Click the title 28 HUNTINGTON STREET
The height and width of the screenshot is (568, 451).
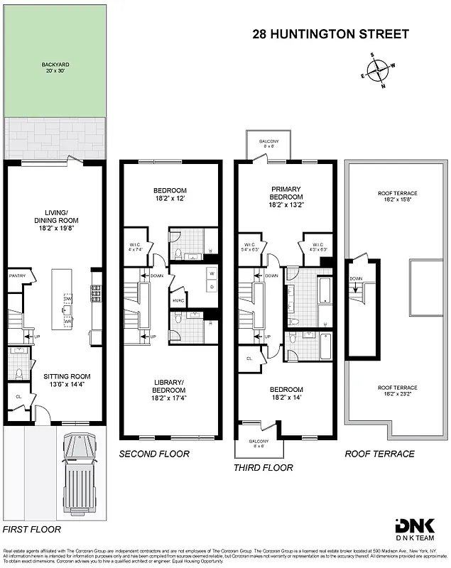pos(331,34)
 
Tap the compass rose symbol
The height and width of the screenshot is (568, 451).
pos(379,70)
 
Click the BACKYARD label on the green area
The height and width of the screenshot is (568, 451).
pos(54,67)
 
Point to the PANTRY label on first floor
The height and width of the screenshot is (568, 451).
pos(17,275)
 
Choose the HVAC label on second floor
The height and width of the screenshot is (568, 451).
pos(178,300)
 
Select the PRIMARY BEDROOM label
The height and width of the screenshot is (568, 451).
pos(286,197)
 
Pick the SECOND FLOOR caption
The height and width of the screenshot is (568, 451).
pos(154,454)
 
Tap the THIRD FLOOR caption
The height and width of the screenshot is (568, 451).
pos(263,468)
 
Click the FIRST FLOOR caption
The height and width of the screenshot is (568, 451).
pos(32,529)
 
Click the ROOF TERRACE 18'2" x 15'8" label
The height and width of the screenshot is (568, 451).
pos(397,197)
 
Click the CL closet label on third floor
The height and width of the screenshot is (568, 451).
pos(249,359)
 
